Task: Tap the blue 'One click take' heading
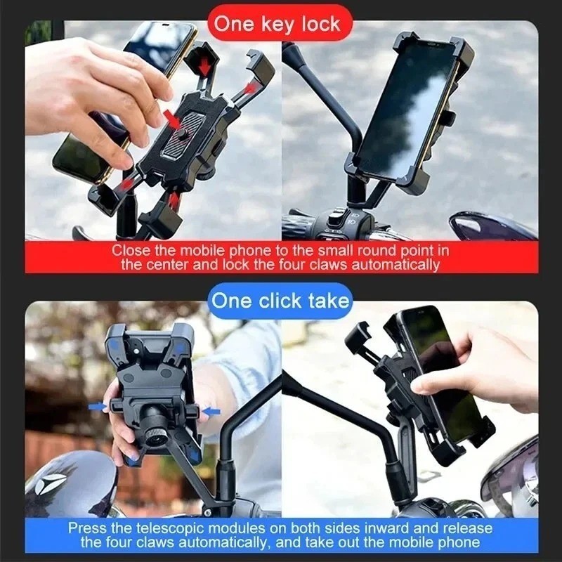coord(280,301)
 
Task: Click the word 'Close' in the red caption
coord(131,250)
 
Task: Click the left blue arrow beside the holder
coord(98,406)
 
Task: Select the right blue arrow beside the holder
coord(211,411)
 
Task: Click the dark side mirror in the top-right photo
coord(492,226)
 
